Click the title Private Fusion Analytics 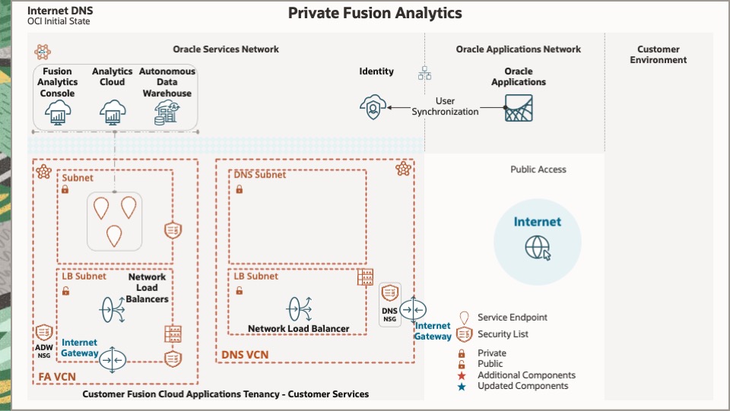pyautogui.click(x=375, y=13)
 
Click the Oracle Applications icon pyautogui.click(x=518, y=108)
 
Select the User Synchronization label pyautogui.click(x=446, y=106)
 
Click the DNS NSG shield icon pyautogui.click(x=390, y=292)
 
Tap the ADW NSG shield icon pyautogui.click(x=43, y=333)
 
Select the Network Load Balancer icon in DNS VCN pyautogui.click(x=298, y=308)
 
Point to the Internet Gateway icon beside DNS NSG pyautogui.click(x=414, y=310)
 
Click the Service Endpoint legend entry pyautogui.click(x=512, y=318)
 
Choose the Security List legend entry pyautogui.click(x=503, y=334)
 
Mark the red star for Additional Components pyautogui.click(x=462, y=375)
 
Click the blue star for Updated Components pyautogui.click(x=462, y=386)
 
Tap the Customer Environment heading pyautogui.click(x=659, y=55)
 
